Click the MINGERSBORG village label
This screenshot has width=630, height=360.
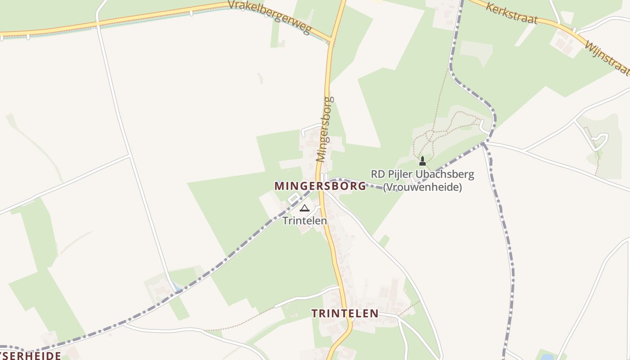point(320,186)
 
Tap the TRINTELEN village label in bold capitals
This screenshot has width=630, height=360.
point(345,314)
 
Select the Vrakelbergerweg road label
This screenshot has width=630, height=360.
point(269,17)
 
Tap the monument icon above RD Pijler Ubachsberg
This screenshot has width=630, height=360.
point(422,161)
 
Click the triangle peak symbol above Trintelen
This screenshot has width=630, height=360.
point(305,208)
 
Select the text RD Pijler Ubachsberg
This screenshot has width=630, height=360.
point(422,174)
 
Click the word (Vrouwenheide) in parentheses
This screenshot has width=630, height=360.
point(422,187)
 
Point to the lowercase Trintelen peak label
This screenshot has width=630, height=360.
point(305,221)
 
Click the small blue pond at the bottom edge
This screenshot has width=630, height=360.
point(547,357)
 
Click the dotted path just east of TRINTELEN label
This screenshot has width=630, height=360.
point(409,309)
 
